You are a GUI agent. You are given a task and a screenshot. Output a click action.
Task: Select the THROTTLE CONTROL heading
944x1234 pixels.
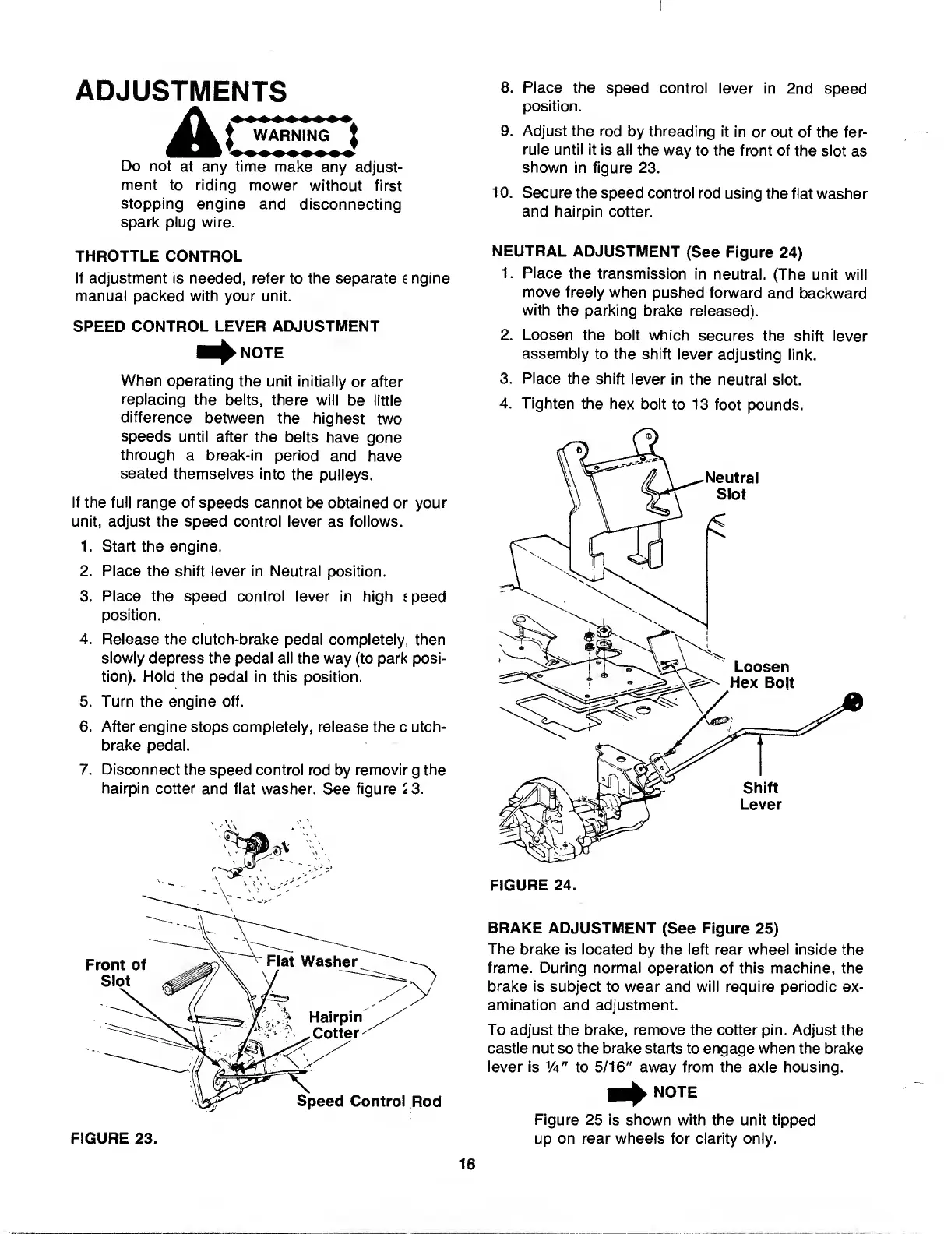(x=158, y=256)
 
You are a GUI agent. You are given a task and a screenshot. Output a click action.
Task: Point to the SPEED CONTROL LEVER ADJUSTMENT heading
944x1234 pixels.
(x=226, y=326)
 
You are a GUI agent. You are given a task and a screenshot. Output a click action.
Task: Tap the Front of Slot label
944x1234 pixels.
(x=114, y=972)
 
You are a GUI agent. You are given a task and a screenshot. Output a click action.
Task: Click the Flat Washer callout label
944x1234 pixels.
(x=311, y=961)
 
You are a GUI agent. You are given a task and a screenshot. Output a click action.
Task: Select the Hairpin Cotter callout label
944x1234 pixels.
(x=335, y=1025)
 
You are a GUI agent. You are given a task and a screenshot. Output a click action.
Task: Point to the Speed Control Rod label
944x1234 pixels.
(x=368, y=1101)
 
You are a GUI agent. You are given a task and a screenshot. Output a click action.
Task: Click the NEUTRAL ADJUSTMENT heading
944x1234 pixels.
(x=646, y=252)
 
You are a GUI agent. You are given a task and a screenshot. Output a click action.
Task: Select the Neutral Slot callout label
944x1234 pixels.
(x=731, y=485)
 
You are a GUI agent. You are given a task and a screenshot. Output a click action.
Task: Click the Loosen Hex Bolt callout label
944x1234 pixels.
(x=761, y=675)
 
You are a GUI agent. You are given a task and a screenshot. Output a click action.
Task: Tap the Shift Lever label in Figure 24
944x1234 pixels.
(x=760, y=795)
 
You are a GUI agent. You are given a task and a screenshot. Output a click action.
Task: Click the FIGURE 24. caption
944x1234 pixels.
(x=531, y=884)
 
